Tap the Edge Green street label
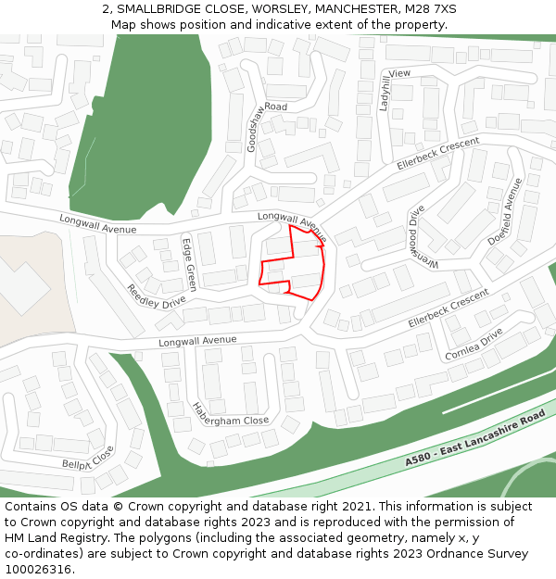pyautogui.click(x=189, y=265)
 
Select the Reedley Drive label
pyautogui.click(x=156, y=296)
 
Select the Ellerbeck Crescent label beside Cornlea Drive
pyautogui.click(x=449, y=309)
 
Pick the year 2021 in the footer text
pyautogui.click(x=356, y=507)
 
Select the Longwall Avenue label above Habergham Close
pyautogui.click(x=197, y=342)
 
